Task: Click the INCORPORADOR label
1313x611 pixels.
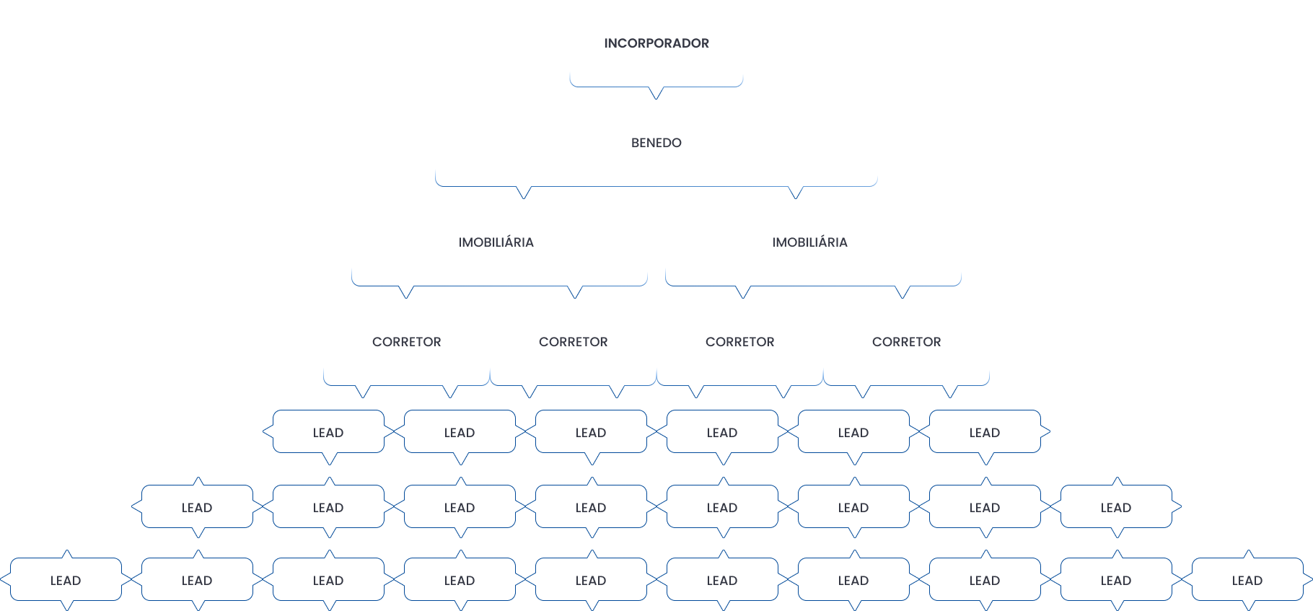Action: click(x=656, y=43)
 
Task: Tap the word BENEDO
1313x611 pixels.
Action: click(x=656, y=143)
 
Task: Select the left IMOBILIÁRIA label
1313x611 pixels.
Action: click(x=496, y=242)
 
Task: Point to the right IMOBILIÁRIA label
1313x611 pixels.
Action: click(x=810, y=242)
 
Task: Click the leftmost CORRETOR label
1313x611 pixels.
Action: click(x=407, y=342)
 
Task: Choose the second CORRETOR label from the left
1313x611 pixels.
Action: click(x=574, y=342)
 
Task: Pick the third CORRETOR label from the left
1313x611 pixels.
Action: click(x=740, y=342)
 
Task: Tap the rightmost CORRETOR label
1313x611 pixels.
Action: click(x=907, y=342)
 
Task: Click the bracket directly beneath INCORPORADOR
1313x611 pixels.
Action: click(x=656, y=86)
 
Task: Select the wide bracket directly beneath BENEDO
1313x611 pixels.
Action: click(x=656, y=186)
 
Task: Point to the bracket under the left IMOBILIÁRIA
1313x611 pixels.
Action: click(x=499, y=286)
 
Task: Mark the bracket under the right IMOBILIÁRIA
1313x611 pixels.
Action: click(x=813, y=286)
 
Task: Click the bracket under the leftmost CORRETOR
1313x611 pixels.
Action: click(x=407, y=385)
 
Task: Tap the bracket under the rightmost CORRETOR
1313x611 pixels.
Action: click(x=907, y=385)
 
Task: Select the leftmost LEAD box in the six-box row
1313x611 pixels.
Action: click(x=328, y=432)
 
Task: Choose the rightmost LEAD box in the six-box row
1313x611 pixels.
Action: click(x=985, y=432)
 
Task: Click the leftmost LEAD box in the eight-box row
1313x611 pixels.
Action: click(x=197, y=507)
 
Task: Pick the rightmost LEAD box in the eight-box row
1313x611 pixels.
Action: click(x=1116, y=507)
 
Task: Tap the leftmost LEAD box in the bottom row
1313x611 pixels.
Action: click(x=66, y=580)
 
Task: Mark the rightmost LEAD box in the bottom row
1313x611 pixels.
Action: click(x=1247, y=580)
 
